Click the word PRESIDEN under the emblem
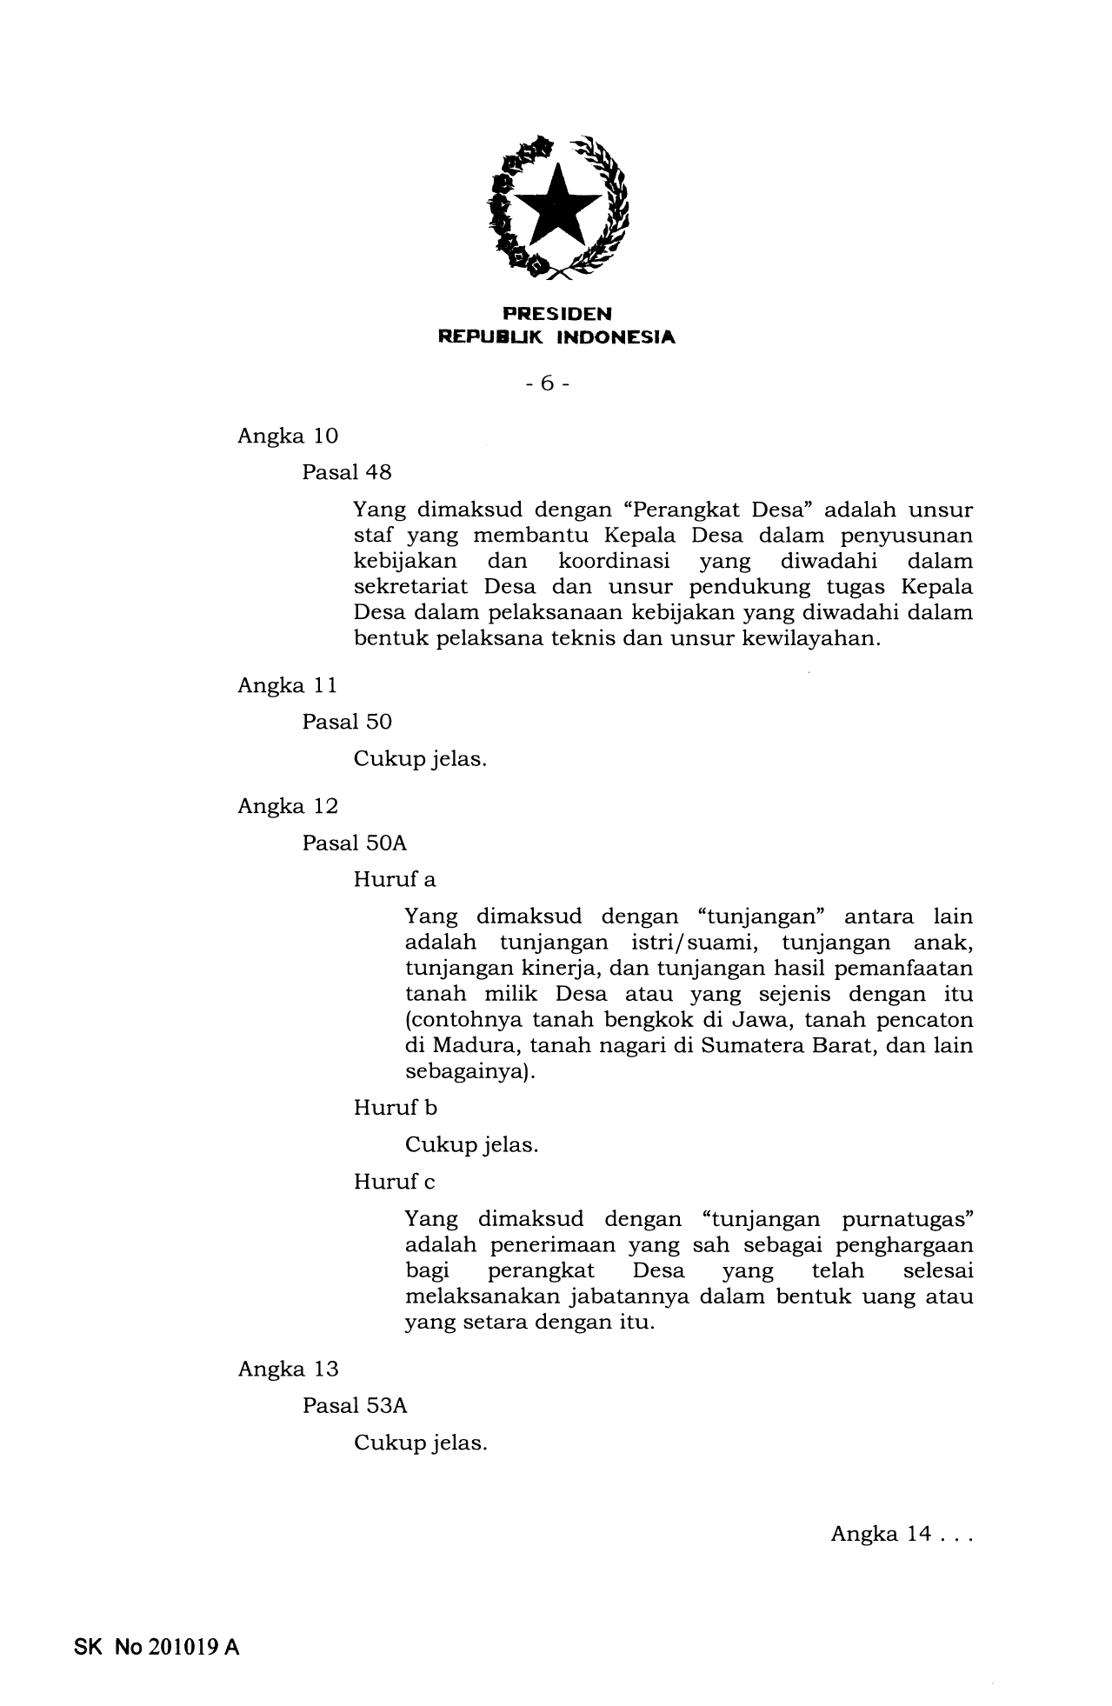[x=556, y=313]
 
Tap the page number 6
[x=547, y=383]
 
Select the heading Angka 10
[x=288, y=436]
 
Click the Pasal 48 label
[x=347, y=473]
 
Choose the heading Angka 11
[x=288, y=686]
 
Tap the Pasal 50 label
[x=347, y=723]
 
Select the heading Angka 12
[x=288, y=806]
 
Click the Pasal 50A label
[x=355, y=843]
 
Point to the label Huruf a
[x=395, y=880]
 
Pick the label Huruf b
[x=396, y=1109]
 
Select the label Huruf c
[x=395, y=1183]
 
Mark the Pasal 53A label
[x=355, y=1406]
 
